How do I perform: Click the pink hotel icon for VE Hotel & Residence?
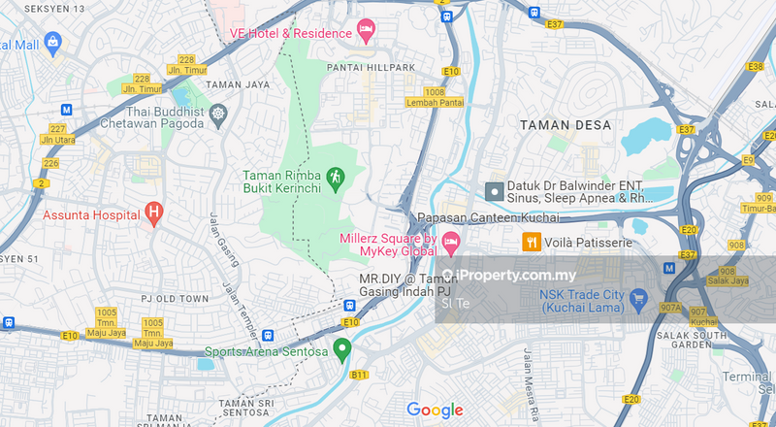tap(366, 34)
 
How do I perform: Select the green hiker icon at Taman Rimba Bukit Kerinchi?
tap(336, 177)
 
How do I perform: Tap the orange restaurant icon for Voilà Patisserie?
tap(532, 243)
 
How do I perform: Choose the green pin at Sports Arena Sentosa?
tap(341, 349)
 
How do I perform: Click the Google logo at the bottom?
tap(435, 410)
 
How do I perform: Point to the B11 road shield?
tap(359, 374)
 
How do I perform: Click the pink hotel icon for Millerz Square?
tap(450, 239)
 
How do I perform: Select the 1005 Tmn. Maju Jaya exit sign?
tap(151, 332)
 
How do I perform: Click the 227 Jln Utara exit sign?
tap(57, 134)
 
